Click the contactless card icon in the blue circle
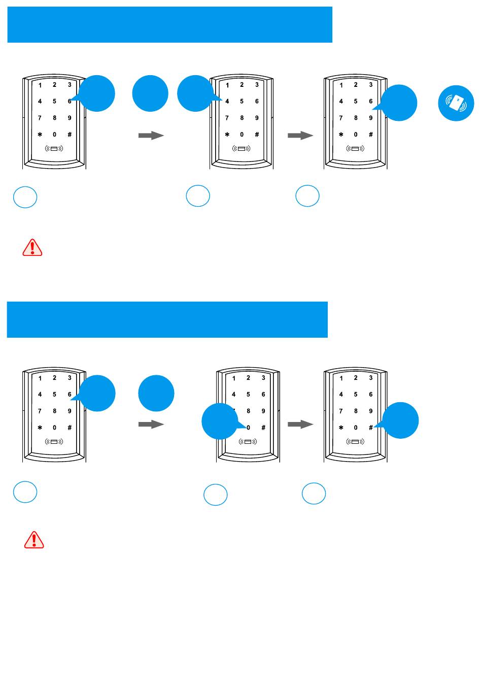click(456, 103)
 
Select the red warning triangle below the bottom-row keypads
click(34, 540)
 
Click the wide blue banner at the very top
click(169, 24)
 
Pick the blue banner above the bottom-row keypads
click(167, 319)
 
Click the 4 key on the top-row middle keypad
click(227, 101)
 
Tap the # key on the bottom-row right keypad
click(371, 428)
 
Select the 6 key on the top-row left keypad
click(70, 101)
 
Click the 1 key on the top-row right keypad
click(341, 85)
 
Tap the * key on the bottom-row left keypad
click(40, 428)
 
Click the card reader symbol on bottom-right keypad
click(355, 442)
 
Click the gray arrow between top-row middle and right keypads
click(300, 136)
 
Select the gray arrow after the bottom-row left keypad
click(151, 424)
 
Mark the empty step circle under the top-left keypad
click(25, 197)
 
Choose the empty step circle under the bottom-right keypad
click(314, 493)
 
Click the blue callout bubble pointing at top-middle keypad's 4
click(195, 93)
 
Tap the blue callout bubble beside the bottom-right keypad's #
click(400, 420)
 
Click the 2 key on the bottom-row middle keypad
click(248, 378)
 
